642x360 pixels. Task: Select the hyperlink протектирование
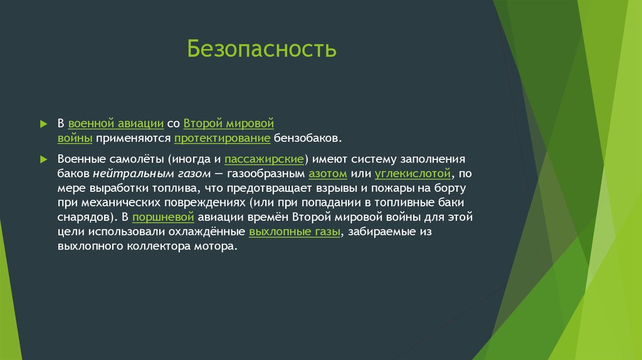tap(223, 137)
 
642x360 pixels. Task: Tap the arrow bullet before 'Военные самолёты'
tap(44, 159)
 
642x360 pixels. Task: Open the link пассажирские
tap(264, 159)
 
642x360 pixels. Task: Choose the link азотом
tap(328, 174)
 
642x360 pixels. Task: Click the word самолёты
tap(129, 159)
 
